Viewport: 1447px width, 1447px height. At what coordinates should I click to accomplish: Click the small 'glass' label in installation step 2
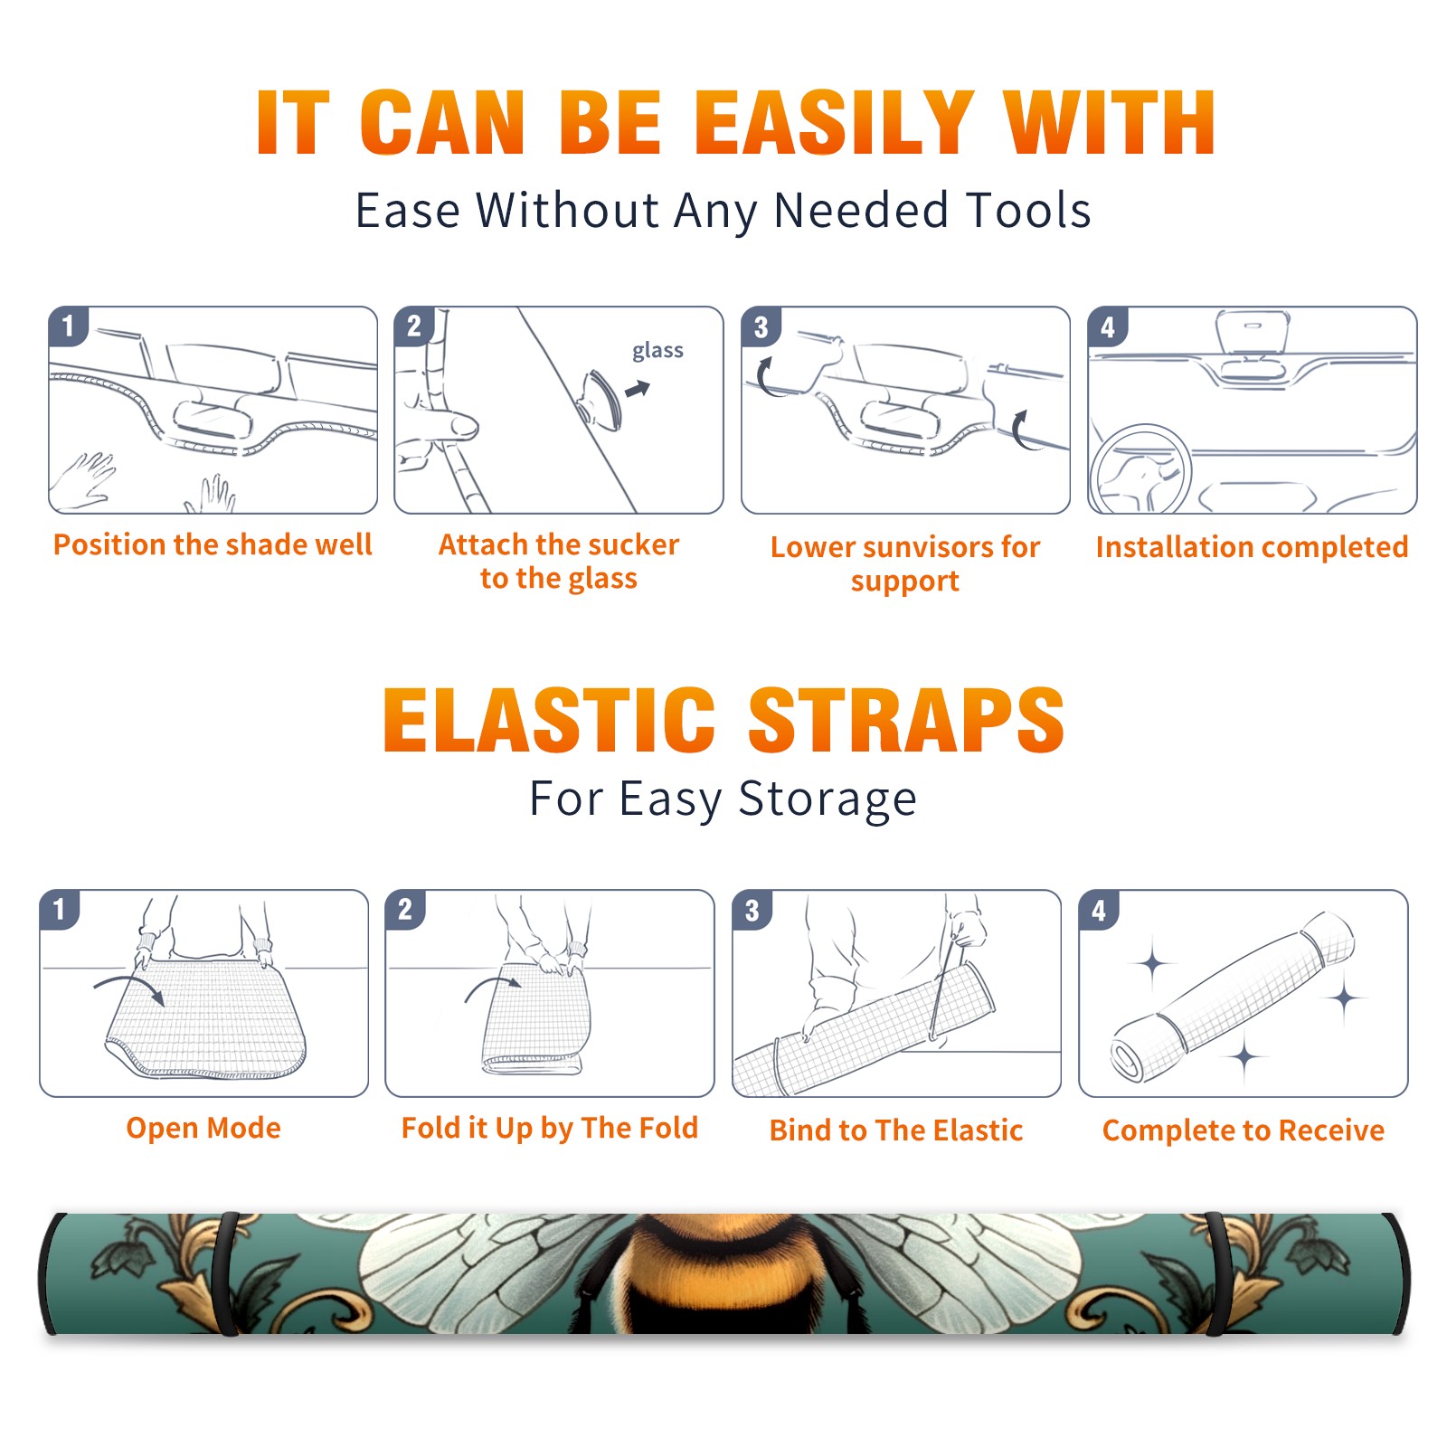[x=657, y=351]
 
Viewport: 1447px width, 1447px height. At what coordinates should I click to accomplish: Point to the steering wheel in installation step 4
[x=1140, y=468]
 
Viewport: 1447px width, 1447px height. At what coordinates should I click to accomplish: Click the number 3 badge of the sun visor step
[x=761, y=327]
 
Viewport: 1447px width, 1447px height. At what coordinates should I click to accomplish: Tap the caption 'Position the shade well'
[x=213, y=544]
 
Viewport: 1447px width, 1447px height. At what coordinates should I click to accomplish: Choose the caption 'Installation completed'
[x=1252, y=546]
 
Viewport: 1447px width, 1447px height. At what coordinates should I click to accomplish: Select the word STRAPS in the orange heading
[x=906, y=720]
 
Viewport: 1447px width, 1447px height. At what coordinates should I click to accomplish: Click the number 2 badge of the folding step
[x=405, y=909]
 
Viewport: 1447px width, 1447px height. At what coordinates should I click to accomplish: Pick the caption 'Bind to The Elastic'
[x=896, y=1130]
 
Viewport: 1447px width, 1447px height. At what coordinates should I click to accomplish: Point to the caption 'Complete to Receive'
[x=1244, y=1130]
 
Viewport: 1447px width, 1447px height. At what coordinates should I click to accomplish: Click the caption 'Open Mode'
[x=203, y=1128]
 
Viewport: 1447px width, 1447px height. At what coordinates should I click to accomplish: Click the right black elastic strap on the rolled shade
[x=1216, y=1274]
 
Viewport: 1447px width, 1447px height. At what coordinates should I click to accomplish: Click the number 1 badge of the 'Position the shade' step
[x=68, y=326]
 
